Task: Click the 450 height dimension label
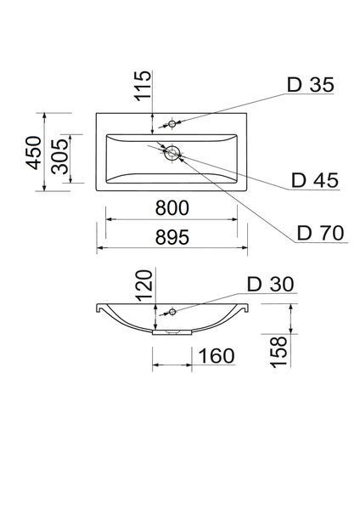[x=34, y=153]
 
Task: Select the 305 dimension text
[x=60, y=156]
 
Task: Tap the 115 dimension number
[x=143, y=85]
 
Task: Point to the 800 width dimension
[x=172, y=207]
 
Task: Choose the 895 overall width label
[x=172, y=237]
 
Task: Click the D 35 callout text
[x=311, y=85]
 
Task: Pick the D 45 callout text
[x=315, y=180]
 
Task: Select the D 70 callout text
[x=320, y=233]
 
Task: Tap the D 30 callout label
[x=271, y=285]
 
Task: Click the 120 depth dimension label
[x=143, y=286]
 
